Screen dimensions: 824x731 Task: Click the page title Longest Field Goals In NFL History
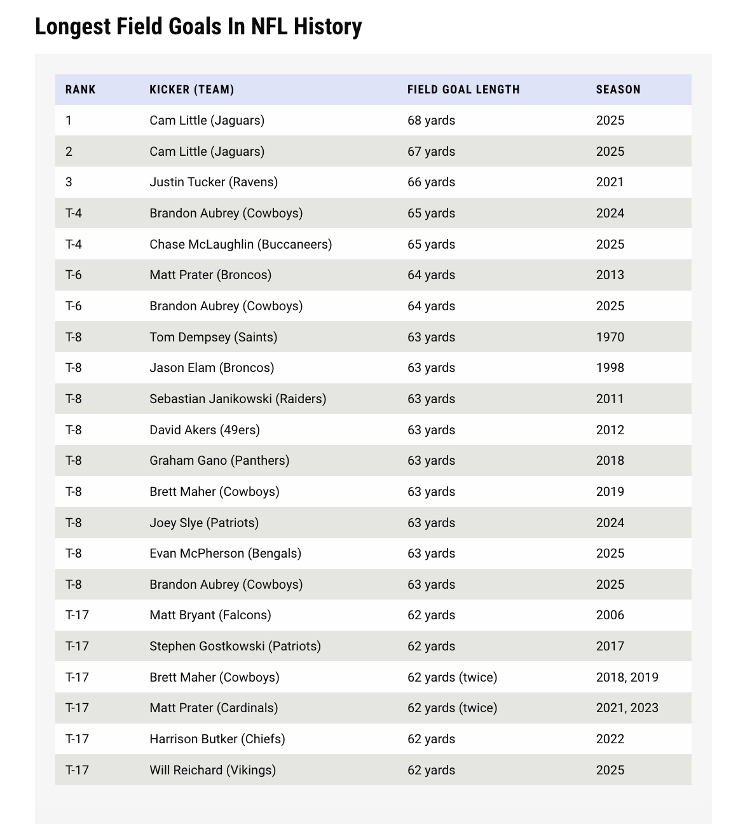[198, 27]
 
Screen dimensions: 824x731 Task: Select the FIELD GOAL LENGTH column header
[463, 90]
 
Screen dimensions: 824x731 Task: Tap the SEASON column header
[618, 90]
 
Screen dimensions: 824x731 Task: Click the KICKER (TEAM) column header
[192, 90]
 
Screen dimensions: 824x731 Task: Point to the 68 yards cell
[431, 120]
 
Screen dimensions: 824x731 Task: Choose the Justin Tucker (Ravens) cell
[214, 182]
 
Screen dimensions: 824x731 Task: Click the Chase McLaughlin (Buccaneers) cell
[240, 244]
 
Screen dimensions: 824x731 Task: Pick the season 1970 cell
[610, 337]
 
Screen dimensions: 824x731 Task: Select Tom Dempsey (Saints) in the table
[213, 337]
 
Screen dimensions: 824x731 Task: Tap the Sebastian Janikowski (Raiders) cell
[238, 399]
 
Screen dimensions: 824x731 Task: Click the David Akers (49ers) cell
[205, 430]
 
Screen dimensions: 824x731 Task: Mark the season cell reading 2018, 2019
[627, 677]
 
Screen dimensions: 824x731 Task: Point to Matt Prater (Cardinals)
[214, 708]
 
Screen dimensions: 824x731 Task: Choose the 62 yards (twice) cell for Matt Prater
[452, 708]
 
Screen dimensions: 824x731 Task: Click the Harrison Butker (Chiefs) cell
[217, 739]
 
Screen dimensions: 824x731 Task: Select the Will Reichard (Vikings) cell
[213, 770]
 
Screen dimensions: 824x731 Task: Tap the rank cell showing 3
[69, 182]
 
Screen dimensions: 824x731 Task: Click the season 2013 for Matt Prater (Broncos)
[610, 275]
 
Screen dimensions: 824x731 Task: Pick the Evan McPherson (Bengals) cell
[225, 553]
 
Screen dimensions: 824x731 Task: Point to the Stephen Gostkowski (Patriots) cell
[235, 646]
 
